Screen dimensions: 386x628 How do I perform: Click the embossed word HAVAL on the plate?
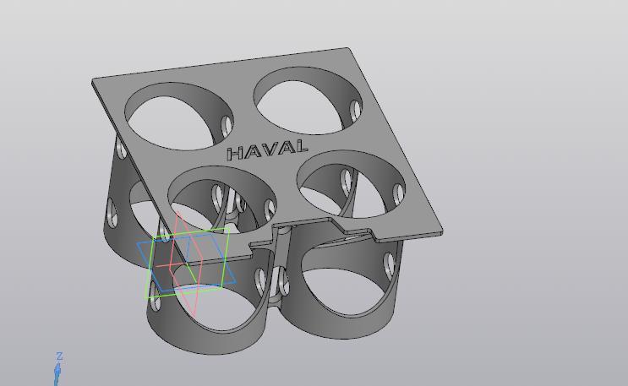[x=266, y=150]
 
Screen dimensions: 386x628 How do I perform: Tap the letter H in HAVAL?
[x=236, y=154]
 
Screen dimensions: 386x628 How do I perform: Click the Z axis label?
[x=59, y=356]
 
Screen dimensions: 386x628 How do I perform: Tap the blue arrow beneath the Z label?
[x=58, y=372]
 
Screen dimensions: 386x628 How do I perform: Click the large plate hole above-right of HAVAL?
[x=307, y=101]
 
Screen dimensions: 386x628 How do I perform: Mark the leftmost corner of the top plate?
[x=93, y=80]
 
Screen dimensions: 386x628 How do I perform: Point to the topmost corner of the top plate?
[x=347, y=49]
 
